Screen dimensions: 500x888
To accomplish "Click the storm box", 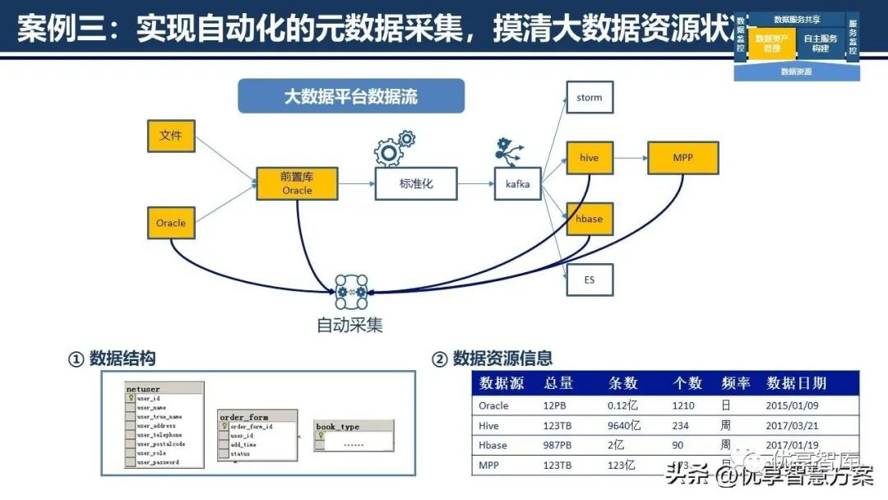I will (x=590, y=98).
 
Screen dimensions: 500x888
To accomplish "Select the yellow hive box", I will (x=590, y=158).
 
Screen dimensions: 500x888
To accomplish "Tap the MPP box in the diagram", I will (x=682, y=158).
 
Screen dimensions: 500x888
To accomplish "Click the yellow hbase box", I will (x=590, y=220).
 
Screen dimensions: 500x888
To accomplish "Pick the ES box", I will (x=590, y=280).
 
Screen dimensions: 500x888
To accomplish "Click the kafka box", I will (x=518, y=184).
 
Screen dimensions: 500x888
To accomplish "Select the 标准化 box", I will (x=416, y=183).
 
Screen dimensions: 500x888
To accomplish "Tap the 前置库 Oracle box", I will (x=297, y=183).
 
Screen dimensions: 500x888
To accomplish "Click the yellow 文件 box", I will (x=171, y=136).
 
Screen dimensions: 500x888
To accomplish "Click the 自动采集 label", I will (x=350, y=325).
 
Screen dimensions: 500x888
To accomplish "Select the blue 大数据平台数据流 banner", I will (x=351, y=96).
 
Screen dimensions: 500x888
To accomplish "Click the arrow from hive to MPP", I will (x=630, y=158).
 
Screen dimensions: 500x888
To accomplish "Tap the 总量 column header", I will (x=558, y=383).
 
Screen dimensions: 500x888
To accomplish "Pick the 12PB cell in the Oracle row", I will (x=555, y=405).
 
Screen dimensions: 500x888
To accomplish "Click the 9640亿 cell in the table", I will (x=624, y=426).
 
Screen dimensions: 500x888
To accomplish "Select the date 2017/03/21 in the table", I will (x=789, y=426).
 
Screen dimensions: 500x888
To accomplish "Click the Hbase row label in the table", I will (x=493, y=446).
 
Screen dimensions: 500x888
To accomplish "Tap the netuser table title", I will (x=144, y=389).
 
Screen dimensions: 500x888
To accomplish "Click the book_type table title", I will (x=338, y=427).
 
